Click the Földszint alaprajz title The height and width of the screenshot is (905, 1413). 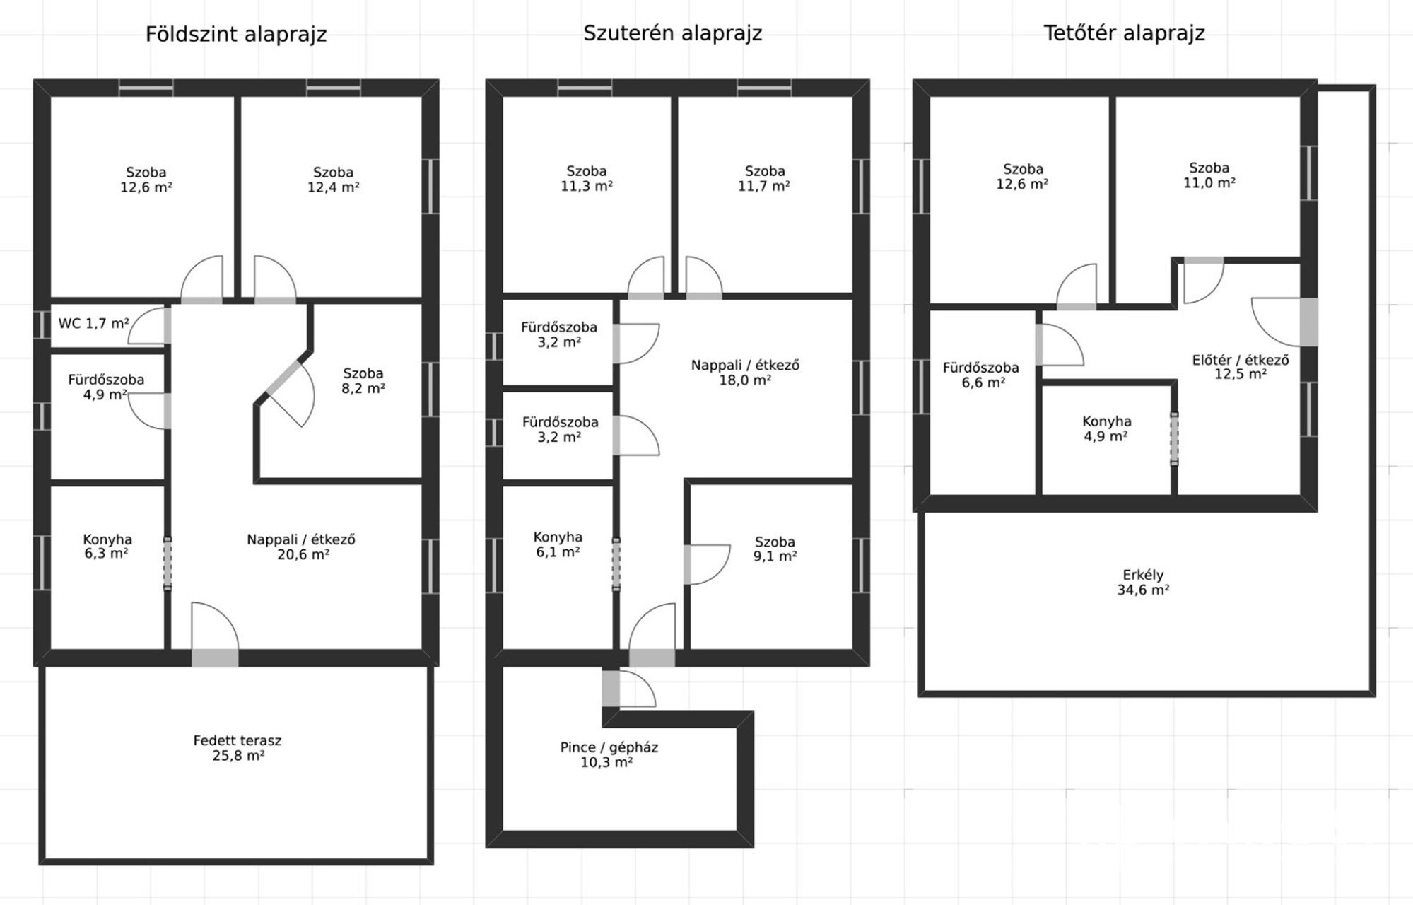[236, 35]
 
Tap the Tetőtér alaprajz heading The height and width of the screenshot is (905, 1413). [1124, 33]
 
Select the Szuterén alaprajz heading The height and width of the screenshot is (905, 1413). [672, 33]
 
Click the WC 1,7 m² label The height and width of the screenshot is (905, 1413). [94, 324]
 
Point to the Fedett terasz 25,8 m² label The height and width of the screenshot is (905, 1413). [238, 748]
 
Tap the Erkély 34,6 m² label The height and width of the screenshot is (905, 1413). [1143, 583]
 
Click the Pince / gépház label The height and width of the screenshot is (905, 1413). [609, 747]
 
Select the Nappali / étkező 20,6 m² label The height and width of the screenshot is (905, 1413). [301, 547]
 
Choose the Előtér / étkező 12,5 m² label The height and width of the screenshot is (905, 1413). [1241, 367]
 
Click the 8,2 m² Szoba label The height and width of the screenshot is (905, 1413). [363, 380]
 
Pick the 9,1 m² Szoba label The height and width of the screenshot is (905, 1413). [775, 549]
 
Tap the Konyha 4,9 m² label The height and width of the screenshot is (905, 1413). [1106, 428]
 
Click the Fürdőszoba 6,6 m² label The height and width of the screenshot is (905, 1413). [981, 375]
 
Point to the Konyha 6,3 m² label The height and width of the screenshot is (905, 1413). [107, 547]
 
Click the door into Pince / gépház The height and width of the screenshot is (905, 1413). [628, 688]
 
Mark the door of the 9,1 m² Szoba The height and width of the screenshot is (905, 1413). [706, 564]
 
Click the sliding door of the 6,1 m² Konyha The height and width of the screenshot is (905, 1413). [616, 564]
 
